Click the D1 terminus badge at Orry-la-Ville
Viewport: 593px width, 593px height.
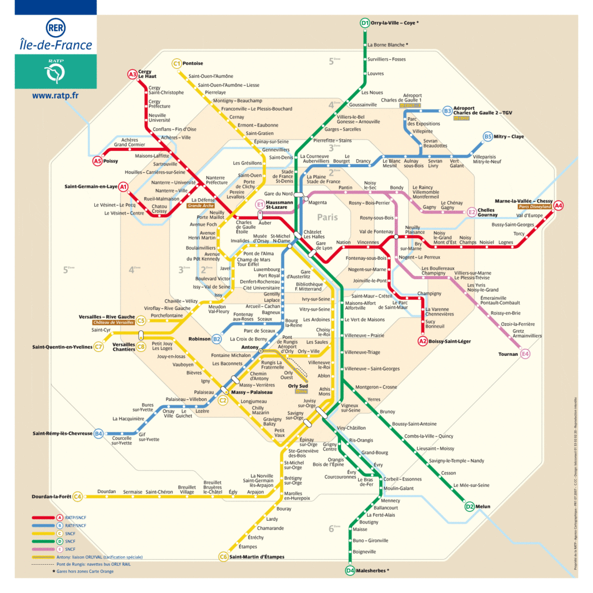click(365, 23)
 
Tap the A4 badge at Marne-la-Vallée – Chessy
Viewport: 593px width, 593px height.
click(558, 205)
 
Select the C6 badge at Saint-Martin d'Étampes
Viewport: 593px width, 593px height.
click(223, 557)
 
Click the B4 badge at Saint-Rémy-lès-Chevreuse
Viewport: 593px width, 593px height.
click(98, 434)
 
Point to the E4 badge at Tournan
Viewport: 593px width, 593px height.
click(525, 354)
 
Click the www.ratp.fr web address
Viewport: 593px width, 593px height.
click(55, 95)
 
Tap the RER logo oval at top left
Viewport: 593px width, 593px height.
click(56, 28)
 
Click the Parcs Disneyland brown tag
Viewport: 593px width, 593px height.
click(535, 207)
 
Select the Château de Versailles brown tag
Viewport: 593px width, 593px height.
click(113, 323)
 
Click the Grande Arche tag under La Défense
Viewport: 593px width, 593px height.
click(200, 205)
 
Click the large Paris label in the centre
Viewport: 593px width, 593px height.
click(327, 217)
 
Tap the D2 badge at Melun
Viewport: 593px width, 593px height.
click(469, 506)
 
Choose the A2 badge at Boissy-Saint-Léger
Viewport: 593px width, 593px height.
click(423, 341)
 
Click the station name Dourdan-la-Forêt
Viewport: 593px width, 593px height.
click(51, 496)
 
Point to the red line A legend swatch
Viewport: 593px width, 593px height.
click(43, 517)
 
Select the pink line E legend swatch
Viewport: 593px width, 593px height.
click(43, 549)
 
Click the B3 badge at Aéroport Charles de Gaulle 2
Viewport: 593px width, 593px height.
click(447, 111)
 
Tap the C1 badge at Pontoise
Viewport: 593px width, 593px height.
click(177, 63)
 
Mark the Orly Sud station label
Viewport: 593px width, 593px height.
click(298, 386)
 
